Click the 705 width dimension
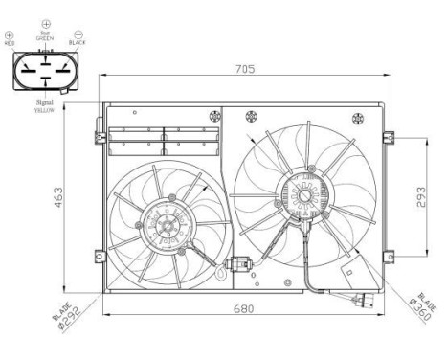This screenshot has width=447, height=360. [x=247, y=69]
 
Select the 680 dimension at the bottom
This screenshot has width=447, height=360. [x=247, y=309]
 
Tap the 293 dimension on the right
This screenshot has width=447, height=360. [x=421, y=196]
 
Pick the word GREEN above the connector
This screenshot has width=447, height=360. [x=45, y=36]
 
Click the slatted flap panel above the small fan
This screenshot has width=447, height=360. [x=164, y=140]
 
